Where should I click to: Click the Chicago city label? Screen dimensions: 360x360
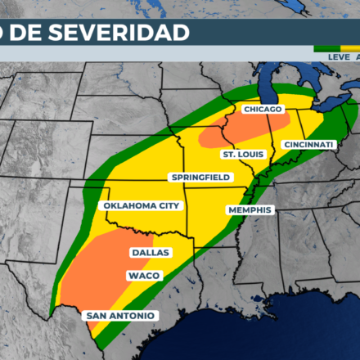tap(262, 109)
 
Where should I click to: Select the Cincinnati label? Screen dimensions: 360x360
tap(308, 145)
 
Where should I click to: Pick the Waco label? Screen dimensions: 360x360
tap(143, 276)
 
